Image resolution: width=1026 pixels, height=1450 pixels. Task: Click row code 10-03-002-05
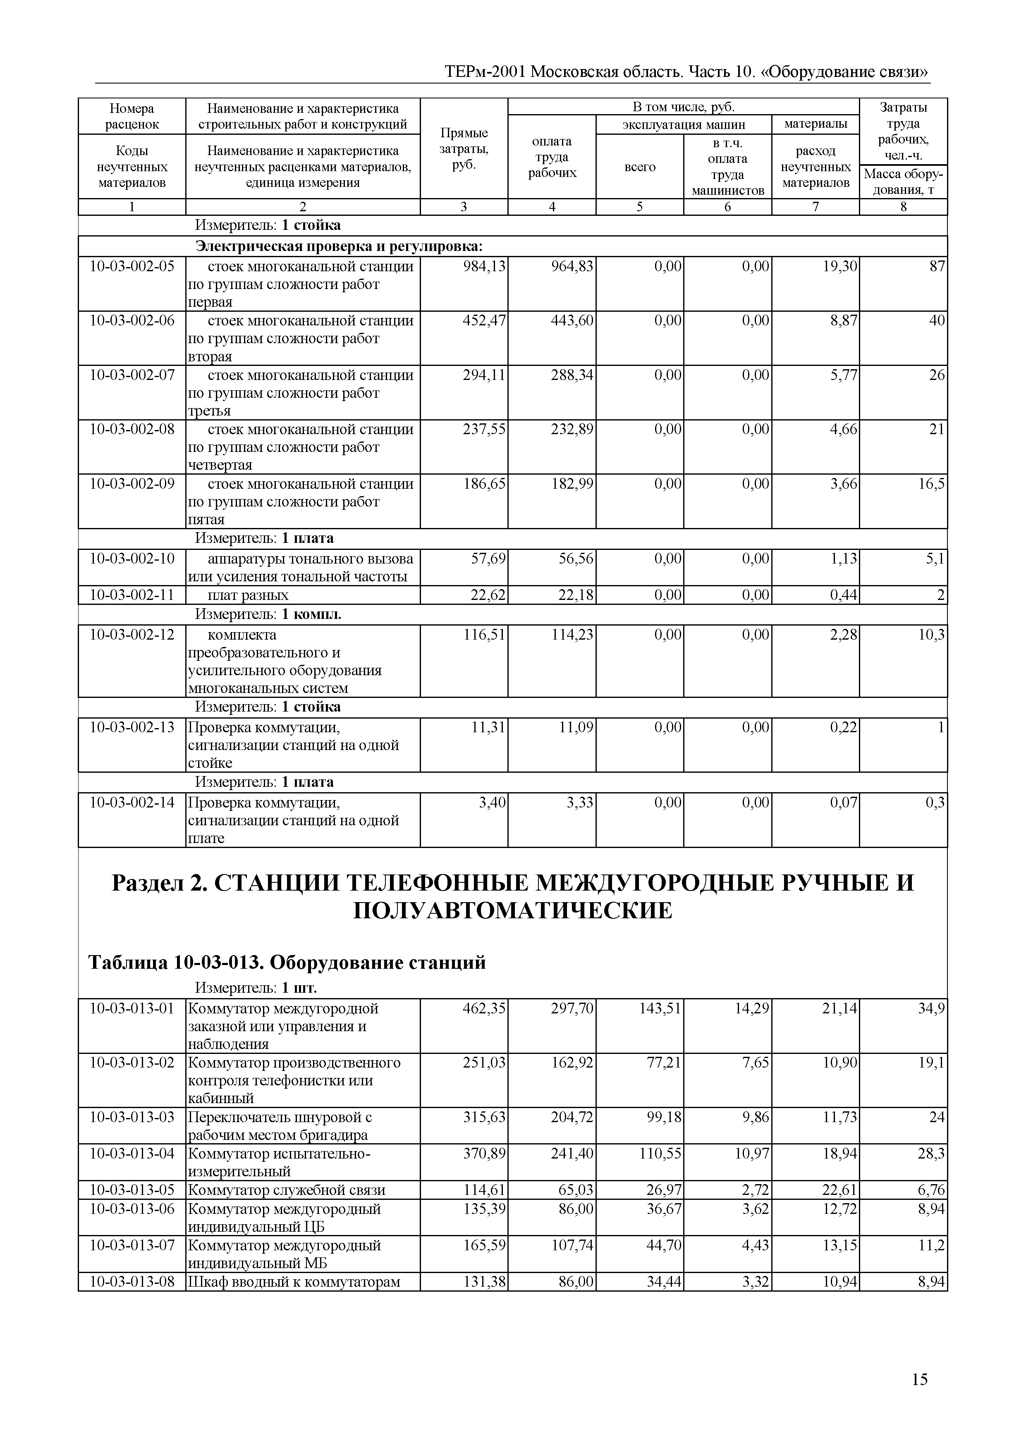(132, 267)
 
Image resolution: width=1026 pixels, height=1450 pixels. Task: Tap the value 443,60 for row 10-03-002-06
(572, 321)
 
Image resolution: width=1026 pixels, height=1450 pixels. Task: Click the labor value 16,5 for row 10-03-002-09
(931, 485)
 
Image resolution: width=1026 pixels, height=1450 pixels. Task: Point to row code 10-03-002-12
(132, 635)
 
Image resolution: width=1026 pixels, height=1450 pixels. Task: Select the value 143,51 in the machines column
(660, 1008)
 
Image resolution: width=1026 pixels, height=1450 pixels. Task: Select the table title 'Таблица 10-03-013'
(287, 963)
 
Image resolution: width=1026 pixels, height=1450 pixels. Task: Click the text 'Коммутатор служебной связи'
(287, 1190)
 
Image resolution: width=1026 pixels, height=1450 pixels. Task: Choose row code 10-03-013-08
(132, 1282)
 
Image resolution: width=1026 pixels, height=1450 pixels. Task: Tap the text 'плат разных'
(248, 595)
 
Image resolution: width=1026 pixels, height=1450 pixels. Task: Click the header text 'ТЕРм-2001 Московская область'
(564, 72)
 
